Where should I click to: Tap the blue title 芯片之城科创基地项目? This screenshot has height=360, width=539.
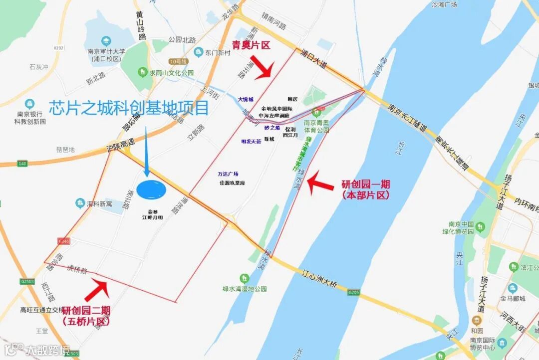[128, 108]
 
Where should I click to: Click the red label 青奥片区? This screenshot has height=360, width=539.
[251, 45]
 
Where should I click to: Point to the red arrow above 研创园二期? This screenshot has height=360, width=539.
[97, 291]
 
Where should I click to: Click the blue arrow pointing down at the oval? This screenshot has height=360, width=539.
[146, 152]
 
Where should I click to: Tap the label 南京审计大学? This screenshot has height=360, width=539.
[106, 51]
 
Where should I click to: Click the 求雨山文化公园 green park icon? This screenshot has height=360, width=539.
[143, 73]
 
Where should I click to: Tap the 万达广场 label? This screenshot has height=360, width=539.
[228, 174]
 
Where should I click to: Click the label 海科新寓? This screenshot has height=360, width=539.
[100, 203]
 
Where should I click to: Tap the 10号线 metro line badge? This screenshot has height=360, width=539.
[178, 61]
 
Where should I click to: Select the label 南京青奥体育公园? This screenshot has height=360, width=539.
[316, 126]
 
